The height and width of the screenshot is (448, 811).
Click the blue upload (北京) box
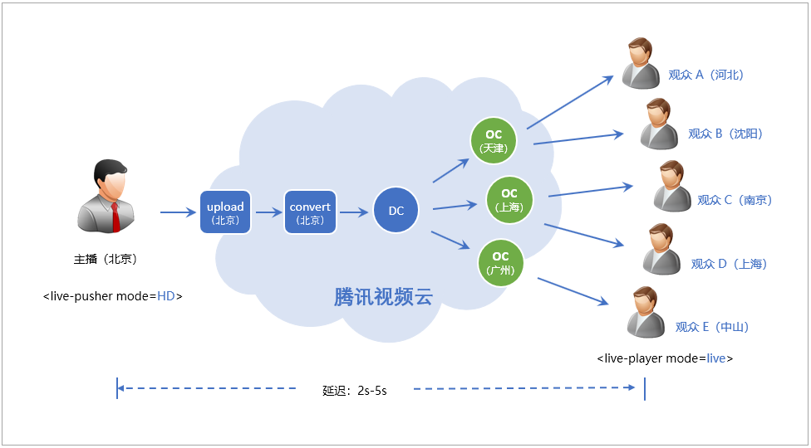pyautogui.click(x=225, y=212)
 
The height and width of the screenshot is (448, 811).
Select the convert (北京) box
pyautogui.click(x=310, y=212)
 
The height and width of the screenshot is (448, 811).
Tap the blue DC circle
pyautogui.click(x=396, y=211)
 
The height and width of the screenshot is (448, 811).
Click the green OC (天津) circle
pyautogui.click(x=493, y=141)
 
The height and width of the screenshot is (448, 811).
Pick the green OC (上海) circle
pyautogui.click(x=509, y=200)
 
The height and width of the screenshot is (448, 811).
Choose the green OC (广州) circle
pyautogui.click(x=500, y=263)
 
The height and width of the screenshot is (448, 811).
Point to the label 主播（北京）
pyautogui.click(x=106, y=259)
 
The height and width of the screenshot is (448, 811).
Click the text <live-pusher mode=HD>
pyautogui.click(x=112, y=295)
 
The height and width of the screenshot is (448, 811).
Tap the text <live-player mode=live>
pyautogui.click(x=665, y=358)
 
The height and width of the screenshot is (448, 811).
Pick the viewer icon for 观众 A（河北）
pyautogui.click(x=640, y=63)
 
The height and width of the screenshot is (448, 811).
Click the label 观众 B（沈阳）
pyautogui.click(x=725, y=134)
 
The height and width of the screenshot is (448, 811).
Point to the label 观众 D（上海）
pyautogui.click(x=728, y=264)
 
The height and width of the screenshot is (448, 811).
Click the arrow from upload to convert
pyautogui.click(x=269, y=212)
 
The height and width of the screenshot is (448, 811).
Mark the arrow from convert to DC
pyautogui.click(x=354, y=212)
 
